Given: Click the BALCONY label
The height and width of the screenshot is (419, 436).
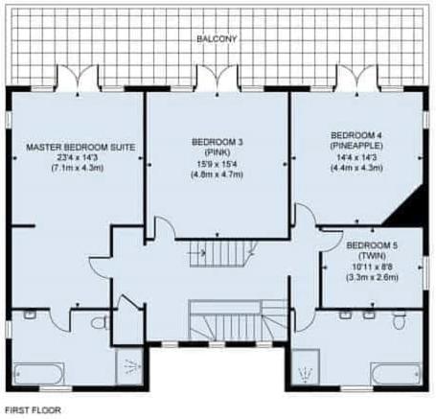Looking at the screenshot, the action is pyautogui.click(x=217, y=39).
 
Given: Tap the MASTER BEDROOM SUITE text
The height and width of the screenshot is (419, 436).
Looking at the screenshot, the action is pyautogui.click(x=80, y=148).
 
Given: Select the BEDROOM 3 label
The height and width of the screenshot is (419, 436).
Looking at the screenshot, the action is pyautogui.click(x=217, y=142).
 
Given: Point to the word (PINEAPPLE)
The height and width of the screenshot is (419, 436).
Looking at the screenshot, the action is pyautogui.click(x=356, y=146).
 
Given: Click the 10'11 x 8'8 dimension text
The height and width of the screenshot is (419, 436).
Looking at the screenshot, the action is pyautogui.click(x=372, y=267).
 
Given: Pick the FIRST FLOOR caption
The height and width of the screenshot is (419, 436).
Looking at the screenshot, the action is pyautogui.click(x=33, y=409).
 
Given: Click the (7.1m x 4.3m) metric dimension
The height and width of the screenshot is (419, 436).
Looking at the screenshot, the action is pyautogui.click(x=78, y=168).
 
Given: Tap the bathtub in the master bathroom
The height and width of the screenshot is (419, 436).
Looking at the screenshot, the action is pyautogui.click(x=39, y=374).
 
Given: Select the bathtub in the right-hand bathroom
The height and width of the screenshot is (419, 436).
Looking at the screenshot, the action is pyautogui.click(x=396, y=374).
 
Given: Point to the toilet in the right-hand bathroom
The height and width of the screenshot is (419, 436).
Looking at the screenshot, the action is pyautogui.click(x=399, y=320).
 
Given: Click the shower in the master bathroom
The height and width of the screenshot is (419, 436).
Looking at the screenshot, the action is pyautogui.click(x=129, y=367).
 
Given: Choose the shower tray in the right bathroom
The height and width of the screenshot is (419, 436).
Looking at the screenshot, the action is pyautogui.click(x=306, y=366).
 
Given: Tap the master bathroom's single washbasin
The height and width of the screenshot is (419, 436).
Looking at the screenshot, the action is pyautogui.click(x=30, y=314).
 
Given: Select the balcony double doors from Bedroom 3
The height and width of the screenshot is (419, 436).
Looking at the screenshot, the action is pyautogui.click(x=218, y=78).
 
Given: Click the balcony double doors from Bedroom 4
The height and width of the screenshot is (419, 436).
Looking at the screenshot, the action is pyautogui.click(x=356, y=78).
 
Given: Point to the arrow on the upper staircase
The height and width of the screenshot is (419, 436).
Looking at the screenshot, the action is pyautogui.click(x=198, y=253).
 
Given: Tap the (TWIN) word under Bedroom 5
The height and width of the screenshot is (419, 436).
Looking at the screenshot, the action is pyautogui.click(x=372, y=256).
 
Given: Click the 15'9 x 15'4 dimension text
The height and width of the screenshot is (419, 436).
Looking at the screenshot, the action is pyautogui.click(x=217, y=164).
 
